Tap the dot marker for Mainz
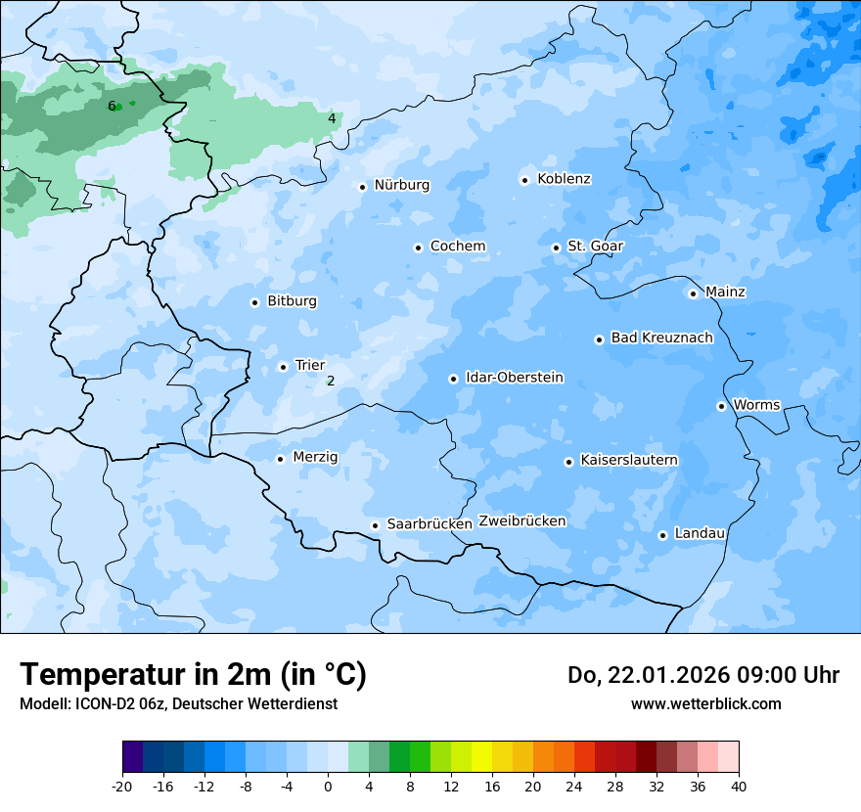coord(693,293)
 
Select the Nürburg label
coord(401,185)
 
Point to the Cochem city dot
coord(418,248)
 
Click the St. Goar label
coord(595,247)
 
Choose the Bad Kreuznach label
coord(661,338)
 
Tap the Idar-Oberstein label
coord(514,378)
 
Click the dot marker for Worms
coord(721,406)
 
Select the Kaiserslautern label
coord(628,460)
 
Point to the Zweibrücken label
coord(521,521)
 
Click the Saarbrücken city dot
coord(375,525)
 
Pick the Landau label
coord(700,533)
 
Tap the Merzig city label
coord(315,457)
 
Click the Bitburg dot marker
coord(254,302)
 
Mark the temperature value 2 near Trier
coord(331,381)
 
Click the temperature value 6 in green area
coord(112,106)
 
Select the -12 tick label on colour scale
coord(204,787)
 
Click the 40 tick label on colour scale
coord(739,787)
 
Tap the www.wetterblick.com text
coord(705,703)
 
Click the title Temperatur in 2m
coord(193,674)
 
